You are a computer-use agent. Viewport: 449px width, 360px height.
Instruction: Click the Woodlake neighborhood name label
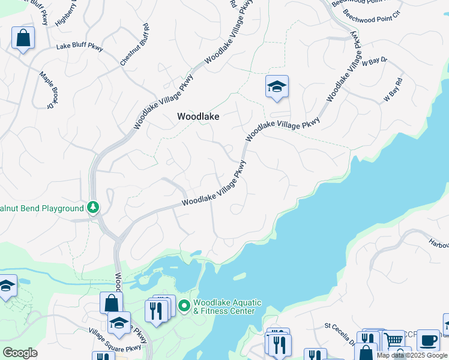198,117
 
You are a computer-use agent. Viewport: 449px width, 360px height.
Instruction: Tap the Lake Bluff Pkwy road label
79,47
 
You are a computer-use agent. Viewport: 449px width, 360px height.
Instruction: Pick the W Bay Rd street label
393,90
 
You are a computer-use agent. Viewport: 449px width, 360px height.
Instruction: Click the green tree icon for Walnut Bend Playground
92,208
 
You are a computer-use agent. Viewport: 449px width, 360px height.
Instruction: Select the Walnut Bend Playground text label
41,208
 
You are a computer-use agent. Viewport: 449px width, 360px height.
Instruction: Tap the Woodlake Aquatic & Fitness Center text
224,306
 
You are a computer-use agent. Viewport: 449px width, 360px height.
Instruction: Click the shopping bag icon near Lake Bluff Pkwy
23,38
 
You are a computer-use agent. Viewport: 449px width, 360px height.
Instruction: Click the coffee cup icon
427,340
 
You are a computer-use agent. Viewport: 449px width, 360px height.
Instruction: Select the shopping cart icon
394,340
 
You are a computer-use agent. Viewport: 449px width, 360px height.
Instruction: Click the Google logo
20,353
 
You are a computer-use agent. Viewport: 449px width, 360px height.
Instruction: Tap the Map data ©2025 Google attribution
412,355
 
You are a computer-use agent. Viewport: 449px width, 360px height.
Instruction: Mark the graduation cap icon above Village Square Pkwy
119,323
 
